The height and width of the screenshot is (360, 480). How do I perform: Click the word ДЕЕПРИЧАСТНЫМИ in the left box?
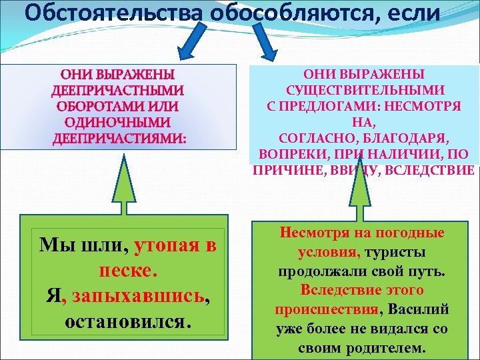pyautogui.click(x=118, y=90)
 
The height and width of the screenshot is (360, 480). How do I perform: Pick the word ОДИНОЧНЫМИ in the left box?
pyautogui.click(x=118, y=123)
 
